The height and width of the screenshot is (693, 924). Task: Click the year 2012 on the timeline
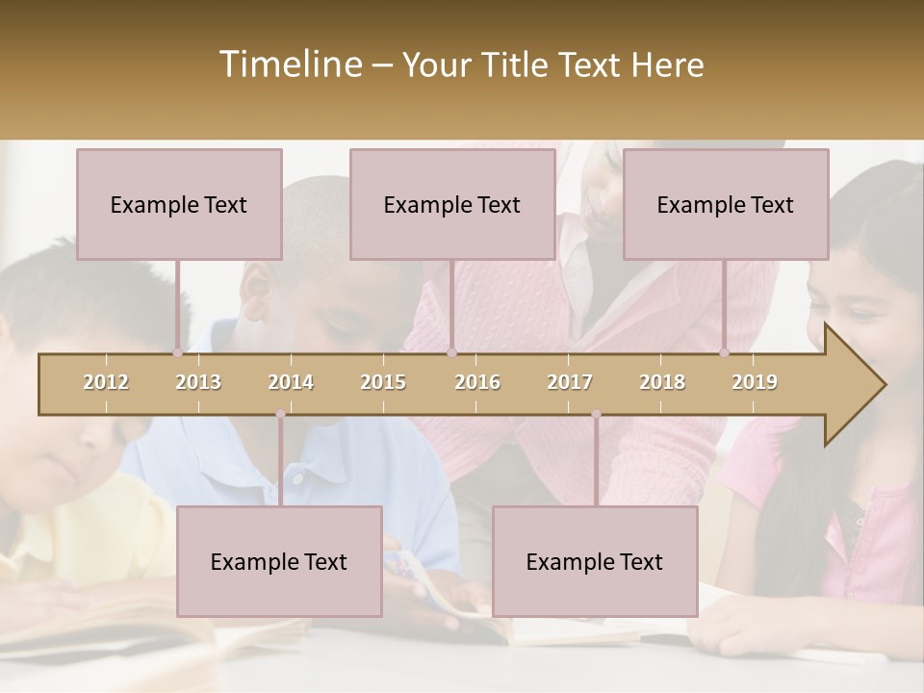coord(106,382)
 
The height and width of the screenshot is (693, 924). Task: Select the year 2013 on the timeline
coord(198,382)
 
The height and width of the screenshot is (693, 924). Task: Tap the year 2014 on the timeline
coord(291,382)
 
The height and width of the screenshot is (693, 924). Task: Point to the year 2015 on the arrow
coord(383,382)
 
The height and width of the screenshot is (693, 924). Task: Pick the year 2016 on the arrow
coord(477,382)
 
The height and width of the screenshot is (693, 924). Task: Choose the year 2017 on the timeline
coord(570,382)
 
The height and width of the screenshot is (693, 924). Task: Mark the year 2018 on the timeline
coord(662,382)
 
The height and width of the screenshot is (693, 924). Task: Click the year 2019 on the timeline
coord(755,382)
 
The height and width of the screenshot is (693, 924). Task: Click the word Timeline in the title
coord(289,64)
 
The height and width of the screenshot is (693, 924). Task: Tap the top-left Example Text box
coord(179,204)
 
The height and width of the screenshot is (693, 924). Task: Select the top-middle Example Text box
coord(452,204)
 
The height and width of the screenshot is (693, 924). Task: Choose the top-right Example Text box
coord(726,204)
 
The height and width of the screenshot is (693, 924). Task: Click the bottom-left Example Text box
coord(279,561)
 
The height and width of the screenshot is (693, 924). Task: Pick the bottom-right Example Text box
coord(595,561)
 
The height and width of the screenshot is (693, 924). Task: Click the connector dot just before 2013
coord(178,352)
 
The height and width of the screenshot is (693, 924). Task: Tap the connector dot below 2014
coord(280,414)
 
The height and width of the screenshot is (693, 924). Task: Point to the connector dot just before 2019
coord(724,352)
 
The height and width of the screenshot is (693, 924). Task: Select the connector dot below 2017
coord(596,414)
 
